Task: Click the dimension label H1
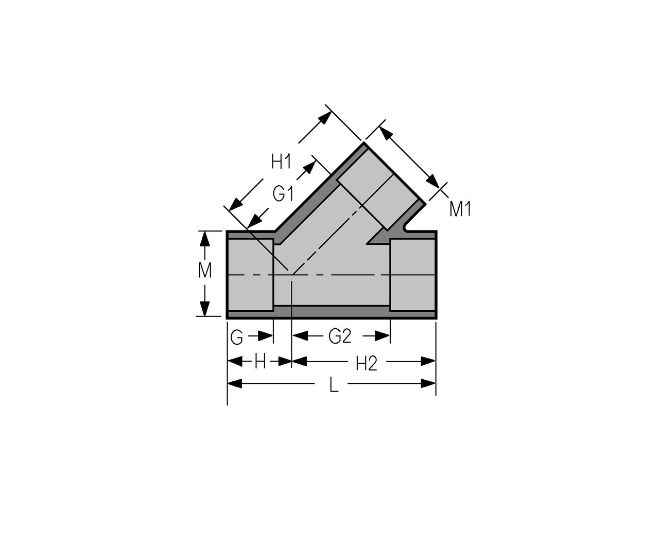[x=281, y=162]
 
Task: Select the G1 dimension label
[x=283, y=194]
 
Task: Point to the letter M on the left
[x=204, y=271]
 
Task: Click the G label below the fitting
[x=236, y=337]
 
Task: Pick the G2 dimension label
[x=339, y=336]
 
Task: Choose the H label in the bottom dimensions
[x=260, y=362]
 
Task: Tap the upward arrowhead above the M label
[x=204, y=239]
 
